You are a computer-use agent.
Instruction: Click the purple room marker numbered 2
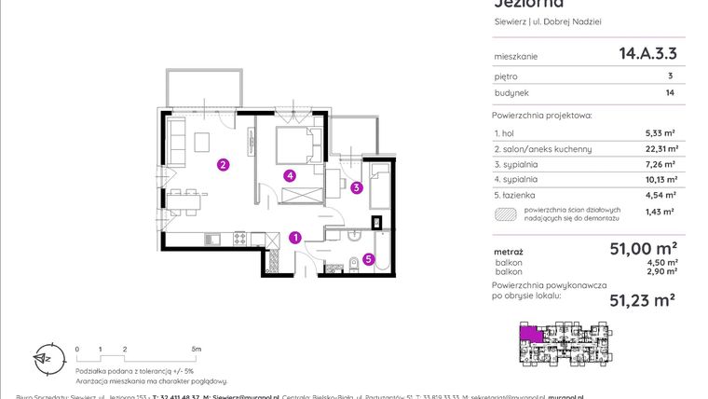point(223,166)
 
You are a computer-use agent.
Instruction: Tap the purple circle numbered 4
point(291,174)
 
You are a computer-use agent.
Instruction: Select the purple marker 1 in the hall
point(294,238)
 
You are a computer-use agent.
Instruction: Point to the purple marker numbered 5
point(369,260)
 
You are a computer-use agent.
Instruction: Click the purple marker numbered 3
point(357,186)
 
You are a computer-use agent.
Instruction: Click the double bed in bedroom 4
point(298,146)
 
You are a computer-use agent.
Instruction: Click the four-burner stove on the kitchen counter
point(238,240)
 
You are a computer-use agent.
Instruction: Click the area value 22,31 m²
point(660,148)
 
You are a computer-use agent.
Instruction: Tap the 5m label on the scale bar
point(195,348)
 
